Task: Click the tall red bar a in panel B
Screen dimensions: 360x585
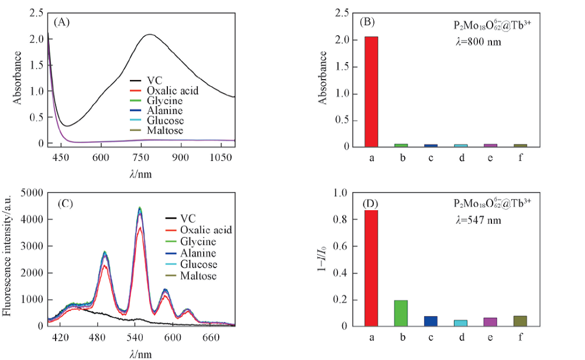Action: (x=371, y=91)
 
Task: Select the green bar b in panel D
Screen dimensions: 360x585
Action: (x=401, y=313)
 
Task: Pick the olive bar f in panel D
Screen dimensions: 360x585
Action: (x=519, y=321)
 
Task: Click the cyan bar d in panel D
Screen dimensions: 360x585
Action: (x=460, y=323)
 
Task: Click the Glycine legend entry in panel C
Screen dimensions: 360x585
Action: (x=198, y=241)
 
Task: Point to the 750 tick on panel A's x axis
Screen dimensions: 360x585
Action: (x=142, y=158)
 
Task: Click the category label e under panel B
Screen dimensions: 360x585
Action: (x=490, y=158)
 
